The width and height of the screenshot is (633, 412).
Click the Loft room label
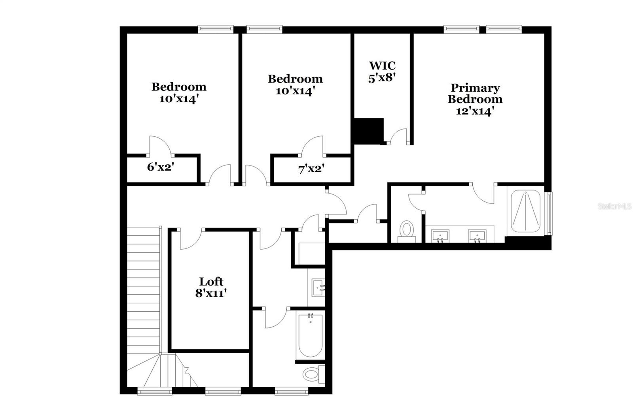click(211, 282)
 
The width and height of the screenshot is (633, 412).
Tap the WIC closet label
click(382, 66)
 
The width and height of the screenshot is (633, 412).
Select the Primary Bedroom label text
click(475, 93)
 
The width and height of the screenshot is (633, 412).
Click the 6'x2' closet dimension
click(160, 167)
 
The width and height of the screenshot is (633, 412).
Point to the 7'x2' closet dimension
click(311, 169)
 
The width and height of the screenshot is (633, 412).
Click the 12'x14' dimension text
click(475, 111)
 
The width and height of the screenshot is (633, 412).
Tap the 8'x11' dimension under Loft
click(211, 293)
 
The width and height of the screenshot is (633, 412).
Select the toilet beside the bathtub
click(314, 374)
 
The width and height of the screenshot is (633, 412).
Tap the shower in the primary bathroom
click(526, 211)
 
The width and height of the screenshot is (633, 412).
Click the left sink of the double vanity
click(440, 236)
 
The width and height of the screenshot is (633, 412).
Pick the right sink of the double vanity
click(477, 236)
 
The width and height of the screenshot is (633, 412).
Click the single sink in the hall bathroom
click(318, 288)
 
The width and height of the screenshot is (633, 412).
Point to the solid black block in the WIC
click(369, 131)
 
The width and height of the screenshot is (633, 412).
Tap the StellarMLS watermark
click(615, 206)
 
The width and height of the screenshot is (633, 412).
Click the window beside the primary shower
click(550, 213)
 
